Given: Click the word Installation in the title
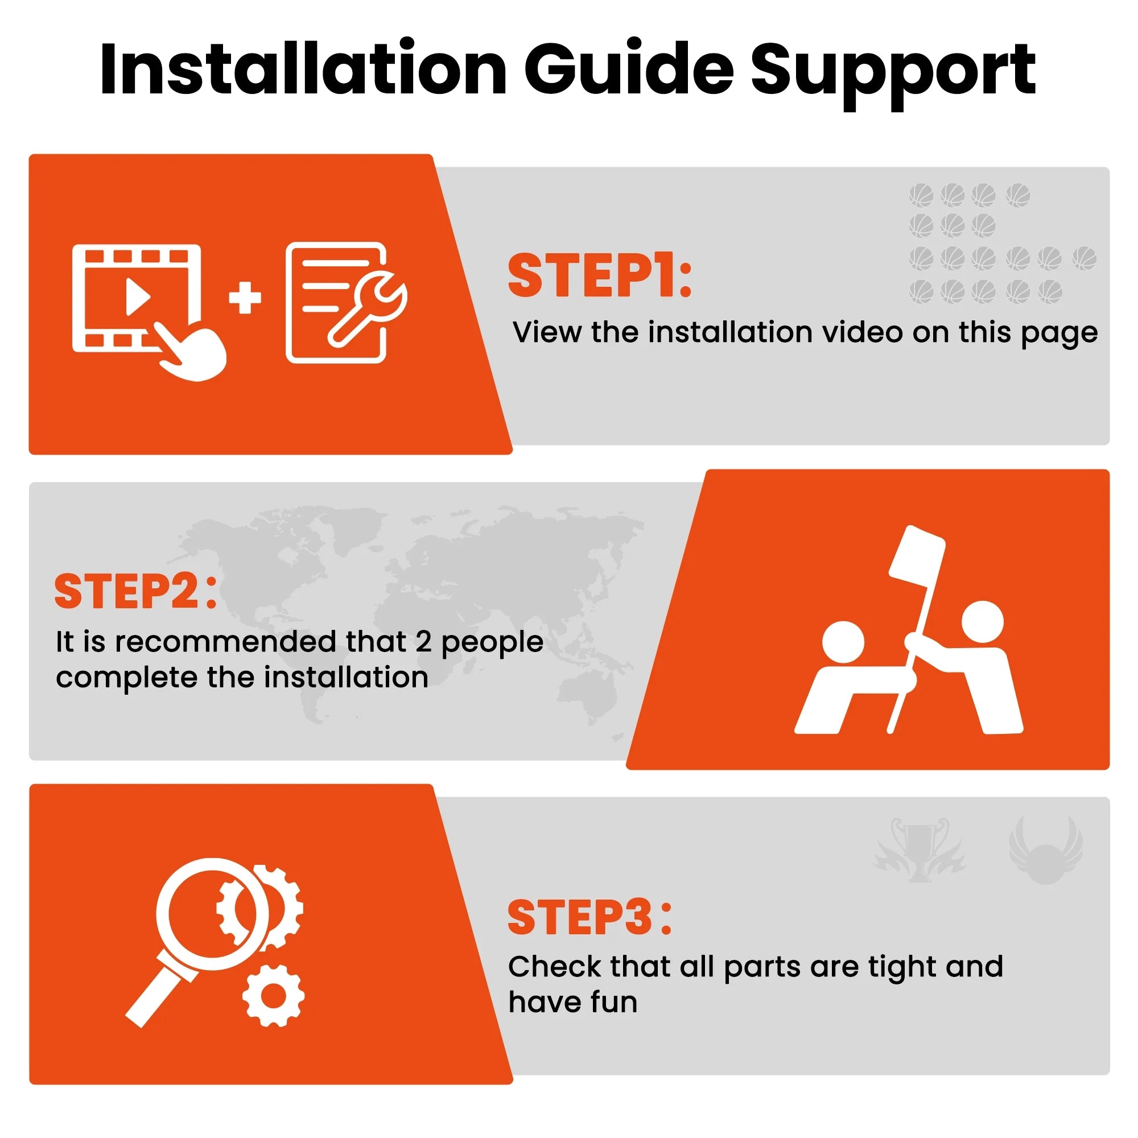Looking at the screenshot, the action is pyautogui.click(x=303, y=69).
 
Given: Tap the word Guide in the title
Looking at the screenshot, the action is pyautogui.click(x=629, y=69).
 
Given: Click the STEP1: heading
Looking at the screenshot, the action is pyautogui.click(x=600, y=275).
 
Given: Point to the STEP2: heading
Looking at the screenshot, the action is pyautogui.click(x=136, y=591).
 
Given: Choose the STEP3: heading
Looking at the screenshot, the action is pyautogui.click(x=589, y=917).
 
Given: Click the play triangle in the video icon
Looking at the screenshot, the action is pyautogui.click(x=138, y=296).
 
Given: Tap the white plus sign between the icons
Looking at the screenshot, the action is pyautogui.click(x=245, y=298).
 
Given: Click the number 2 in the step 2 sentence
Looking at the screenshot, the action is pyautogui.click(x=423, y=642).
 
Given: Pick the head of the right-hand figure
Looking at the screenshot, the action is pyautogui.click(x=982, y=622).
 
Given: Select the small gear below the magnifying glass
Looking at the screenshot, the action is pyautogui.click(x=273, y=995).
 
